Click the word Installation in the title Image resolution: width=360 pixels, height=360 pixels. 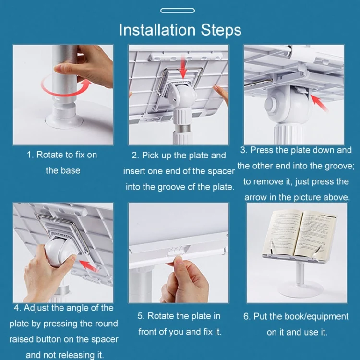coord(157,30)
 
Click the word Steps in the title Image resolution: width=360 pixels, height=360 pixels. coord(221,30)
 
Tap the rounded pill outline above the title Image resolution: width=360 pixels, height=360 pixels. coord(178,11)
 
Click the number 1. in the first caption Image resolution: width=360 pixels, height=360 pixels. coord(30,155)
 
